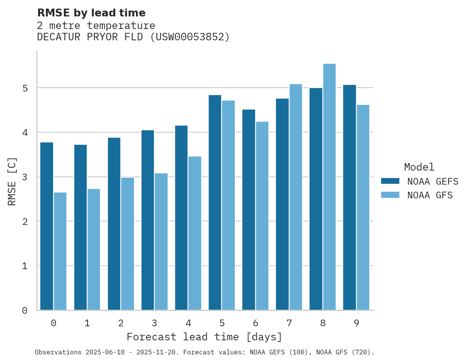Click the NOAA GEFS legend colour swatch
coord(390,181)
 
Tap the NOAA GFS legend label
coord(429,195)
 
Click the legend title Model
coord(419,167)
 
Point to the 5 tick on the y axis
coord(25,88)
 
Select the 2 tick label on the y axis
coord(25,222)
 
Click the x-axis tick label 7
coord(289,323)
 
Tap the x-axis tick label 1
coord(87,323)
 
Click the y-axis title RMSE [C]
coord(12,181)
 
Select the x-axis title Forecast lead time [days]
coord(204,337)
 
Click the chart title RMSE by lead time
coord(91,13)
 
